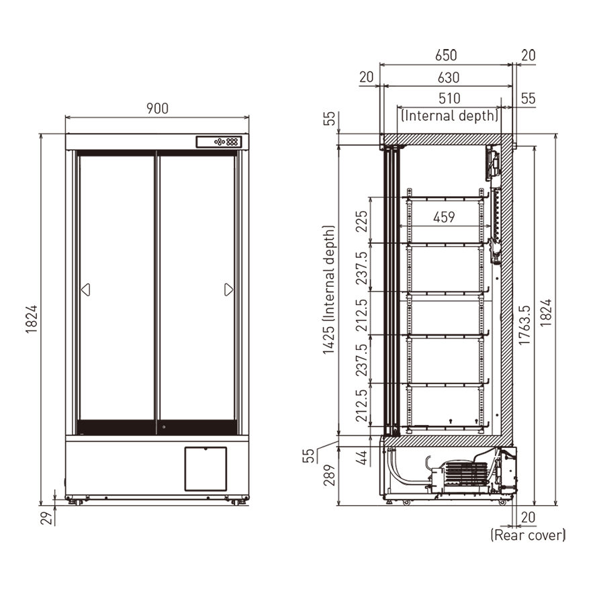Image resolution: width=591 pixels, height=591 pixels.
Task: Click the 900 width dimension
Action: point(156,108)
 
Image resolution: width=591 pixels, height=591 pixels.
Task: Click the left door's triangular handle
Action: point(85,289)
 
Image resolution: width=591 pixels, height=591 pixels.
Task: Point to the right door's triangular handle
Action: point(228,289)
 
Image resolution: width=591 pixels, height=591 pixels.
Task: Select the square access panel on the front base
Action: point(206,467)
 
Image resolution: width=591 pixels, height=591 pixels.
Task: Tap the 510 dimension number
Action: point(449,99)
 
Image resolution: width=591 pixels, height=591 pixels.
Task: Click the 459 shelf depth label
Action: point(444,217)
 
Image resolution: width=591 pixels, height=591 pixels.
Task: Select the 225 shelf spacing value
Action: point(361,221)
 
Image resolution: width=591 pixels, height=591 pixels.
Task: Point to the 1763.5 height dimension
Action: point(525,325)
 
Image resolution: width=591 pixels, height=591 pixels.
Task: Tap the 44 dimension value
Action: point(361,457)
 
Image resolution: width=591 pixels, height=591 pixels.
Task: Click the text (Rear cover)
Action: point(528,535)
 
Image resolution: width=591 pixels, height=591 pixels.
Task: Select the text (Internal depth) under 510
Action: point(449,115)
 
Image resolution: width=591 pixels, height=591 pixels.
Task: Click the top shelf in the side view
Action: point(444,198)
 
